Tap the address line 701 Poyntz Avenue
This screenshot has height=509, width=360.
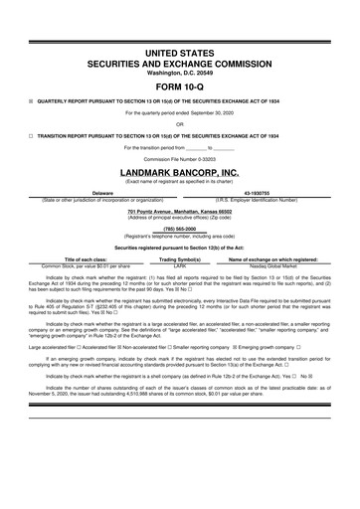[x=179, y=210]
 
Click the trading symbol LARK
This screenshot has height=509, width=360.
[x=180, y=266]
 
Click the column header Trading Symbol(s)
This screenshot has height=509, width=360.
[x=180, y=259]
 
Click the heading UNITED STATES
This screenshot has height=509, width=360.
[x=179, y=50]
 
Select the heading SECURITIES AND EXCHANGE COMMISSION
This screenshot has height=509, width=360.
[x=179, y=62]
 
